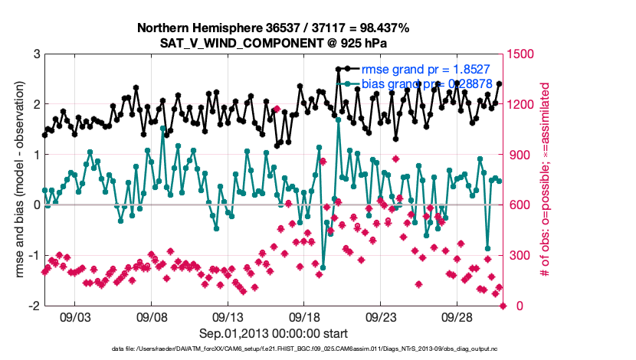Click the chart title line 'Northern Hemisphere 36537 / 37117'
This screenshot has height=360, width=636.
[x=274, y=28]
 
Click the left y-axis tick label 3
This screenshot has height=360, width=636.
[x=36, y=54]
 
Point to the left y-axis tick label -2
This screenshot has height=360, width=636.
[x=34, y=306]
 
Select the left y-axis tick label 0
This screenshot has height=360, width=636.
[x=36, y=205]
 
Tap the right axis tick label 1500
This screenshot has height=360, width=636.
[x=524, y=54]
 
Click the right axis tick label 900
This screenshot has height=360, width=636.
[x=521, y=155]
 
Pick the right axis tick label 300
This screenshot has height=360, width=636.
[x=521, y=255]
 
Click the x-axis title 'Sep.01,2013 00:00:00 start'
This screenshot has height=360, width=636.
[x=274, y=333]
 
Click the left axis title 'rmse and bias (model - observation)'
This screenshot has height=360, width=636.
[x=17, y=180]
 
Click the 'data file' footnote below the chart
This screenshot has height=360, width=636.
[x=274, y=349]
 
